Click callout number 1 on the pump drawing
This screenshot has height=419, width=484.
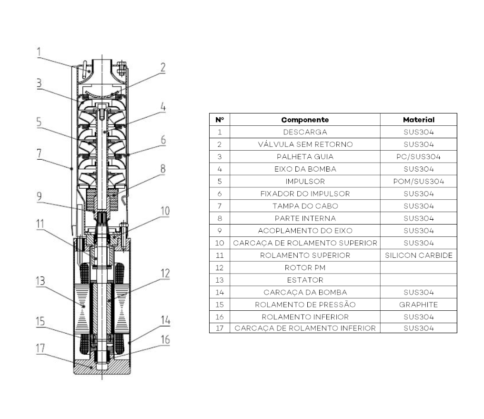[39, 51]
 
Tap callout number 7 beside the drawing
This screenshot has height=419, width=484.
[39, 153]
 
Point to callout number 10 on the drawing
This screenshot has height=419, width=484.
[165, 211]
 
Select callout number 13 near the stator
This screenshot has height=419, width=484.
[40, 281]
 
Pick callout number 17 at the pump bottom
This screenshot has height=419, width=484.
[40, 348]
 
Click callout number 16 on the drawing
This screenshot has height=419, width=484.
[165, 340]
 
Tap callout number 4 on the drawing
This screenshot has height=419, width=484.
[163, 107]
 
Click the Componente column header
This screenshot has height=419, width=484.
[305, 120]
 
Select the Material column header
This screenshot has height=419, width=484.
[419, 120]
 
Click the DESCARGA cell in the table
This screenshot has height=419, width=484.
[305, 132]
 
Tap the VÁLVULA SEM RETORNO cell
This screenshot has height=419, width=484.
[305, 144]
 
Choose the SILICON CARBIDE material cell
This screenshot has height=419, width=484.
[419, 255]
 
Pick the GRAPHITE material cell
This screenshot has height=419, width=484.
[419, 305]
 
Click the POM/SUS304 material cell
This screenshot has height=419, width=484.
[419, 181]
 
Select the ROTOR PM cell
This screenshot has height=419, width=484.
[305, 268]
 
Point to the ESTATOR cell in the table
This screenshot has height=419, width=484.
[305, 280]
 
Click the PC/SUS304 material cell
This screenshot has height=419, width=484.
[419, 156]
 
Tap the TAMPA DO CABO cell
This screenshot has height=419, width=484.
[305, 206]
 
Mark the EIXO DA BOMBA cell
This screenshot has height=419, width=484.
[305, 169]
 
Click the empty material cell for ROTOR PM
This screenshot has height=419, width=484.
[419, 268]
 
